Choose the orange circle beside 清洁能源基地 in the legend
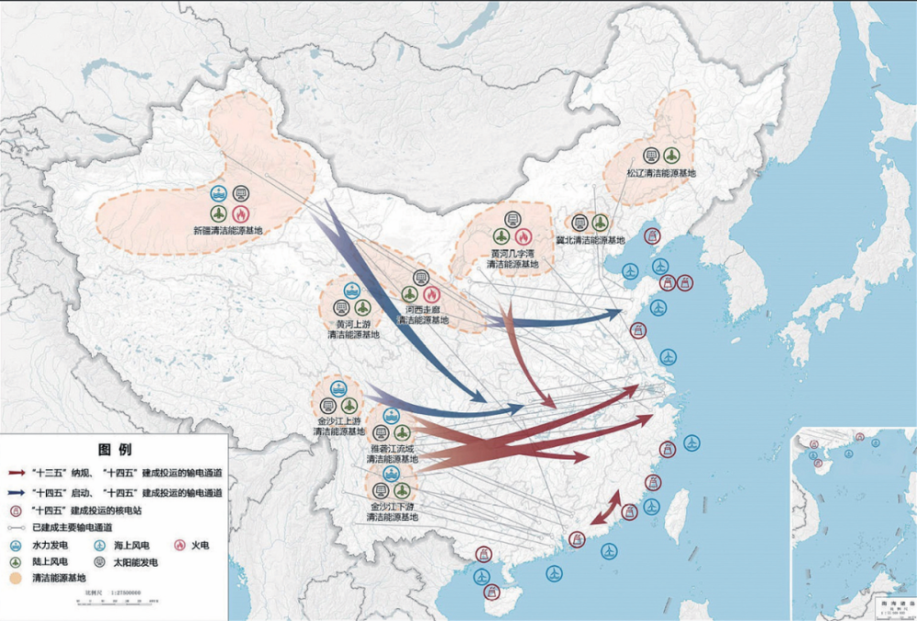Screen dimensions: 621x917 coord(15,579)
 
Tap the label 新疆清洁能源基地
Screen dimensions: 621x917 coord(227,231)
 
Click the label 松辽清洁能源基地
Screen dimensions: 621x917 coord(661,172)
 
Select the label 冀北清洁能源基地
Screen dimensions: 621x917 coord(590,240)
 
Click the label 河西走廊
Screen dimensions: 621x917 coord(423,310)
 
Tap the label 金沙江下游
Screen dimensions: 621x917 coord(392,506)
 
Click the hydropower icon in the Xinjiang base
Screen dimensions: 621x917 coord(218,193)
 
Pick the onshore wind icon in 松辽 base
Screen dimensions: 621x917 coord(672,155)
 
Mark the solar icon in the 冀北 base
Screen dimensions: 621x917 coord(580,222)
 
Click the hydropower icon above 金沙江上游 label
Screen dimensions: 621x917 coord(338,388)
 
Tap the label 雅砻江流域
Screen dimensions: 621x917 coord(392,449)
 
